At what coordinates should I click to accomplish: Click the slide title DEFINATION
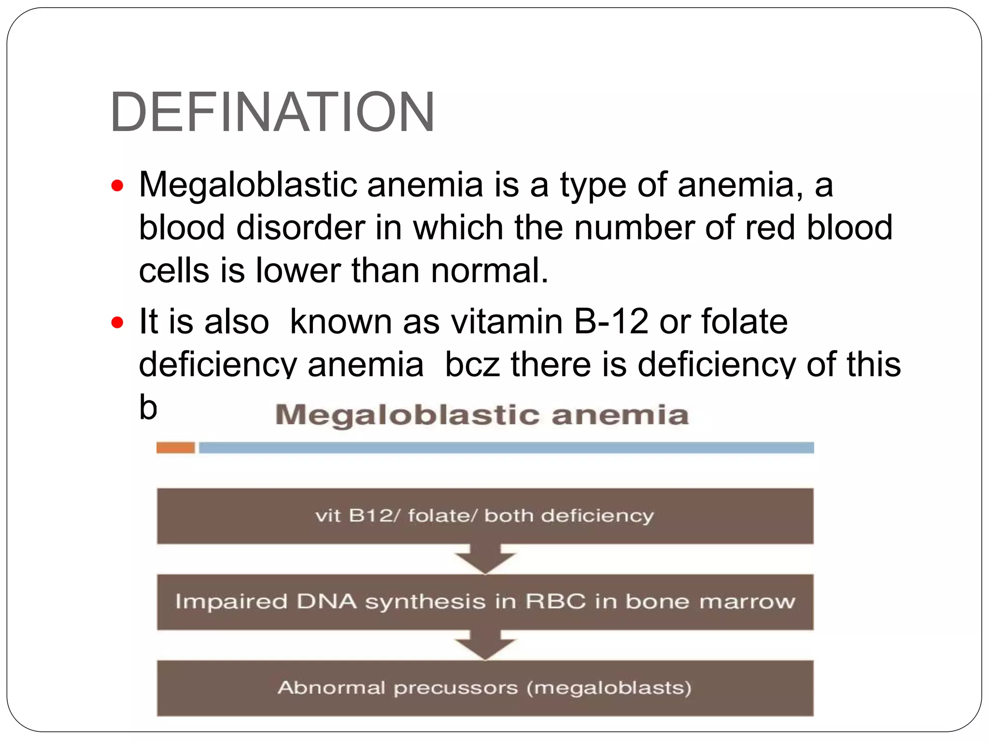272,112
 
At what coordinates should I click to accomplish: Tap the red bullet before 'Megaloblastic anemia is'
117,185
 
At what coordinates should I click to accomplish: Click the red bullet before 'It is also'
117,322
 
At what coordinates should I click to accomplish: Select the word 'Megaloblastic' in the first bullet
248,185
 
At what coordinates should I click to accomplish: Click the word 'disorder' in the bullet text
300,228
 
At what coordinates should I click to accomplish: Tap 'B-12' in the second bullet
611,321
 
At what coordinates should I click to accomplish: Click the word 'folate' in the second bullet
744,321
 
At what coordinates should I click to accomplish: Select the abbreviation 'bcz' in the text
472,364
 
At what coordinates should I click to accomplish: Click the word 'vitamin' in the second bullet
507,321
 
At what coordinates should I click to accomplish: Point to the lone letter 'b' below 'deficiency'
148,407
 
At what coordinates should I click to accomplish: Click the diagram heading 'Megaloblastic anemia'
481,415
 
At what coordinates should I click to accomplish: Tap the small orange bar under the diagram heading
175,448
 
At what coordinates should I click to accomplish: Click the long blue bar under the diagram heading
506,448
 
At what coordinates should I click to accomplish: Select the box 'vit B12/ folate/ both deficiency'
485,516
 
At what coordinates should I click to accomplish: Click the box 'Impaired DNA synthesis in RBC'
485,602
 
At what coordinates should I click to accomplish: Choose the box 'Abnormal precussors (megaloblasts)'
485,688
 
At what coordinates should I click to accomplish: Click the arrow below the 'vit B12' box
485,559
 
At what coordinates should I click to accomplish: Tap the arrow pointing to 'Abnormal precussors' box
485,645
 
